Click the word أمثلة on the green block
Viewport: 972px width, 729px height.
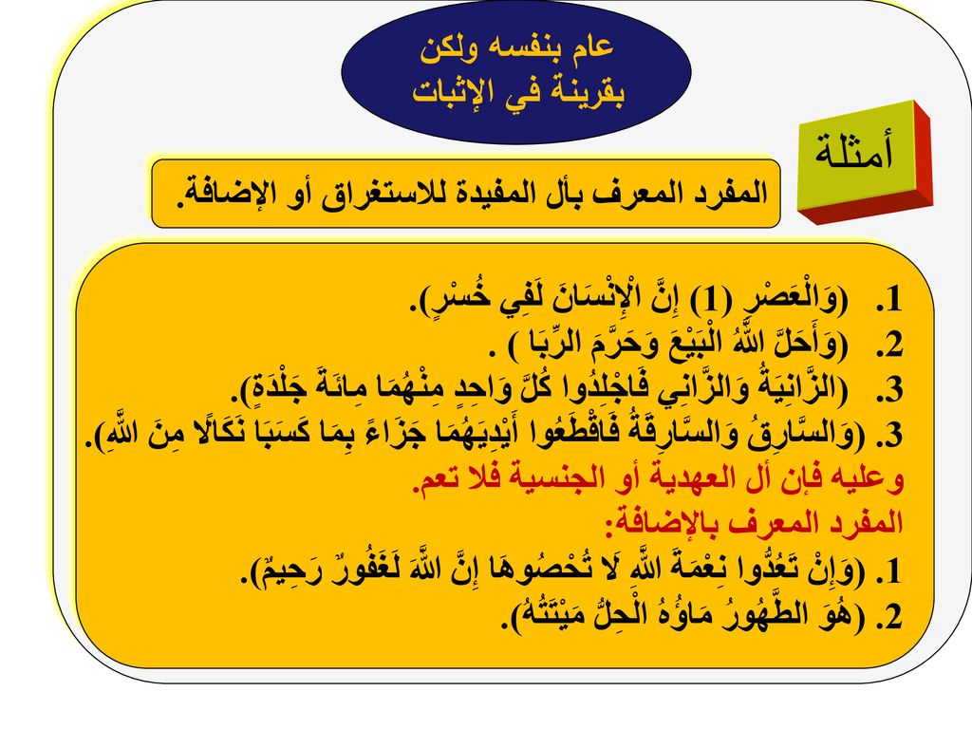point(854,151)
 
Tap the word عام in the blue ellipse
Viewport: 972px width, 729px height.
point(588,47)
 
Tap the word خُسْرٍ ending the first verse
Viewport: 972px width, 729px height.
point(449,297)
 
